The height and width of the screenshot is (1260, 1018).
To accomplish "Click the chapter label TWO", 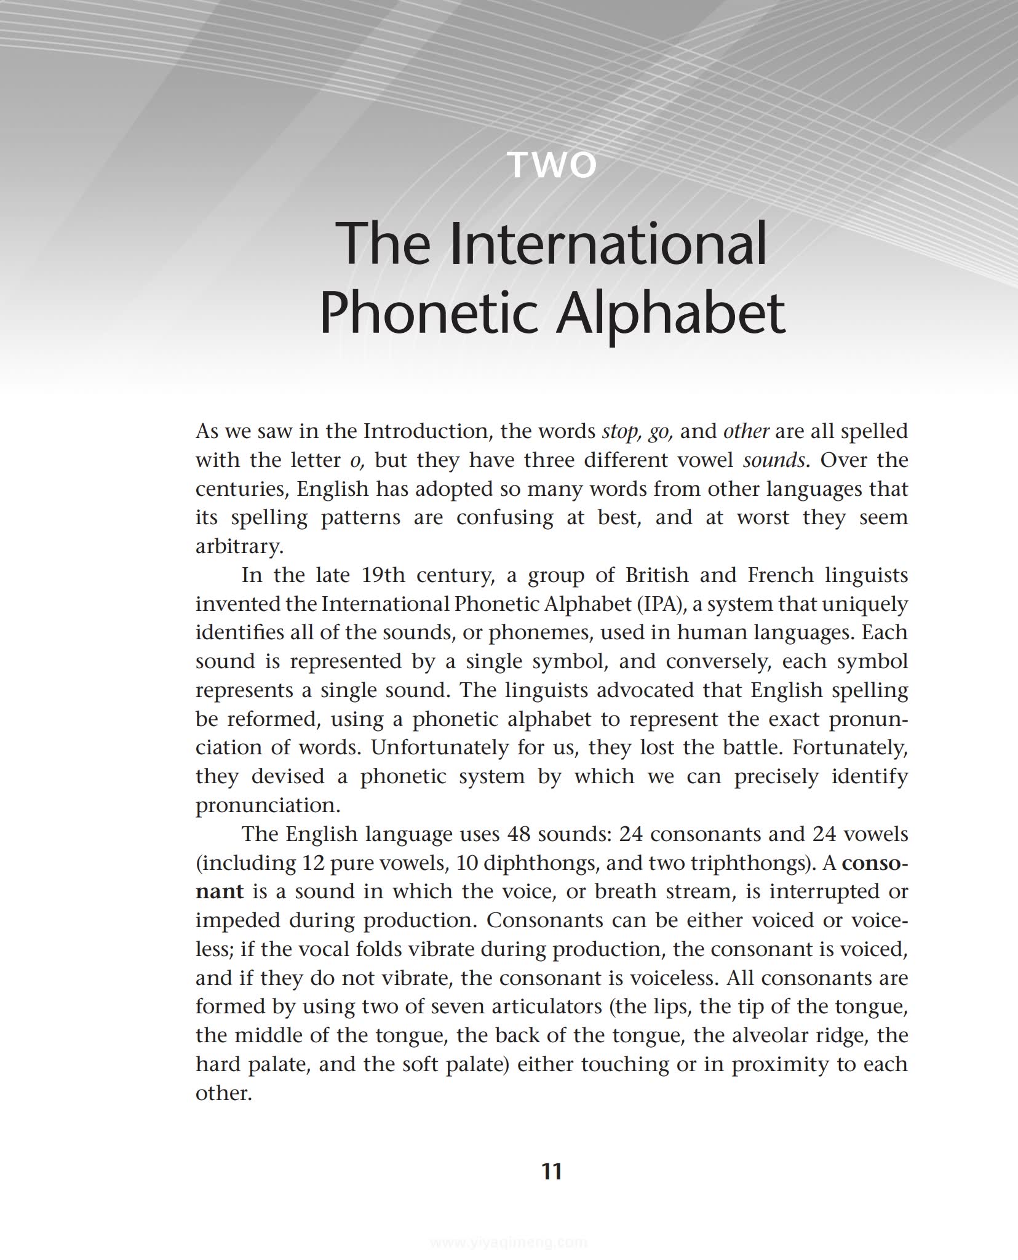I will point(552,165).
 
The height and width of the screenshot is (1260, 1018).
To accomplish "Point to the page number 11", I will point(552,1171).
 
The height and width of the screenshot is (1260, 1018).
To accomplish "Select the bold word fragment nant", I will point(219,892).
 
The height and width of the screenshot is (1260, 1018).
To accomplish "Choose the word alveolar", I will point(769,1035).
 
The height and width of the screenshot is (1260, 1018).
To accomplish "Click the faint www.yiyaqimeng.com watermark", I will point(509,1242).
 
